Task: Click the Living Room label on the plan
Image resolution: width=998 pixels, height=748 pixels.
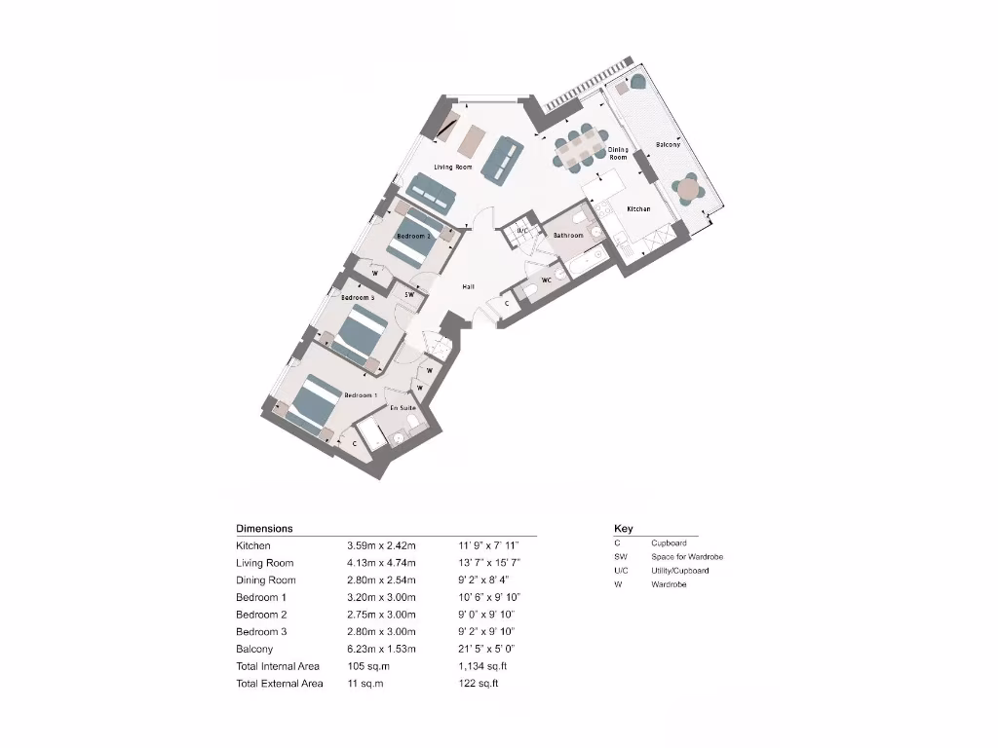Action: tap(453, 168)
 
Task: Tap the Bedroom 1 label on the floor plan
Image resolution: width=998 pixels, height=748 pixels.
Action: tap(361, 395)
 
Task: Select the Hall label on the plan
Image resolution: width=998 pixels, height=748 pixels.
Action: tap(468, 287)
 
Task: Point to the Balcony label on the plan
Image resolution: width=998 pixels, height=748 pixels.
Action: tap(668, 144)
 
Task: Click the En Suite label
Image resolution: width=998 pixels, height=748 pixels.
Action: tap(403, 408)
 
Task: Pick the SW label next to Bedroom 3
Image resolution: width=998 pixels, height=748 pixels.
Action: tap(410, 294)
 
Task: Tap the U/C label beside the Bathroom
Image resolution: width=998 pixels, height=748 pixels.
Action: tap(522, 231)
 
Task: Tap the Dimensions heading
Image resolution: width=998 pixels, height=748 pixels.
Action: tap(264, 528)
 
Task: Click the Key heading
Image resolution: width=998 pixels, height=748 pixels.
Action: tap(623, 528)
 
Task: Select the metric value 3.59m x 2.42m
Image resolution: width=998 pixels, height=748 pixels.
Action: tap(381, 545)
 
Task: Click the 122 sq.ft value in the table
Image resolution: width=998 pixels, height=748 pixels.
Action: tap(478, 684)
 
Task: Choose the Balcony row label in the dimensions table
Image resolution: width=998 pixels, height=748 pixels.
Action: tap(254, 649)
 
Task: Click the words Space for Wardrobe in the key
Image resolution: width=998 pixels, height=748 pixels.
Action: tap(687, 557)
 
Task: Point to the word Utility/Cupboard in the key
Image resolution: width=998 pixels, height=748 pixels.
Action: tap(680, 571)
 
